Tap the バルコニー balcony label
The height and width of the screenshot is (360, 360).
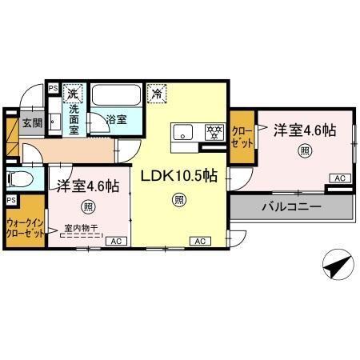tap(290, 206)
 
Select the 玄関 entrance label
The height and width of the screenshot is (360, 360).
tap(31, 122)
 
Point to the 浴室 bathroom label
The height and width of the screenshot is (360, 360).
tap(117, 120)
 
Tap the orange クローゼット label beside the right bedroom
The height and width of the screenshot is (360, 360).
tap(241, 137)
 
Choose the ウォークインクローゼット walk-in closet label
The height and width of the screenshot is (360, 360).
tap(26, 230)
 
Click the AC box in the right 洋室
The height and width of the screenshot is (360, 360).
tap(339, 178)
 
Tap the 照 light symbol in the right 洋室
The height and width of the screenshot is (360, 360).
tap(306, 149)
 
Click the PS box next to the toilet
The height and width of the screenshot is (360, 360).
tap(11, 200)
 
